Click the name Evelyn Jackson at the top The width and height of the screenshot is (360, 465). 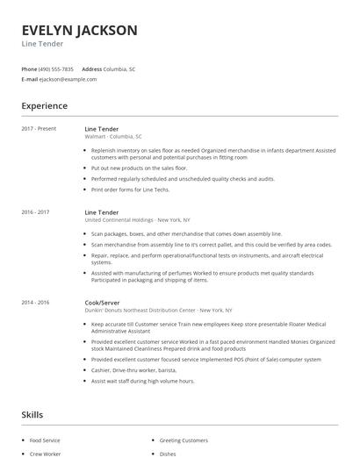(80, 31)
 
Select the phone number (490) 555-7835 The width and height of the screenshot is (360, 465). (56, 68)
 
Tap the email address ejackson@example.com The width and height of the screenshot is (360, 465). (68, 79)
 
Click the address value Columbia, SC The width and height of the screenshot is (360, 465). (119, 68)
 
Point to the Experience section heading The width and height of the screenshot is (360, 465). (45, 106)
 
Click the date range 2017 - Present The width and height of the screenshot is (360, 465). (39, 129)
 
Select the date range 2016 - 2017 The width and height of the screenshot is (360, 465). (36, 211)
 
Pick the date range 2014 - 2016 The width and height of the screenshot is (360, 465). (36, 302)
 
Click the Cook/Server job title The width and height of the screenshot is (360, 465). (102, 302)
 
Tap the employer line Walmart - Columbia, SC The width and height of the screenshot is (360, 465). (113, 137)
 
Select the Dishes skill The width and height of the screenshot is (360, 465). (169, 454)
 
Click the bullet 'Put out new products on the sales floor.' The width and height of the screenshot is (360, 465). (139, 168)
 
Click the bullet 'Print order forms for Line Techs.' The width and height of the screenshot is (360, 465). (130, 190)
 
